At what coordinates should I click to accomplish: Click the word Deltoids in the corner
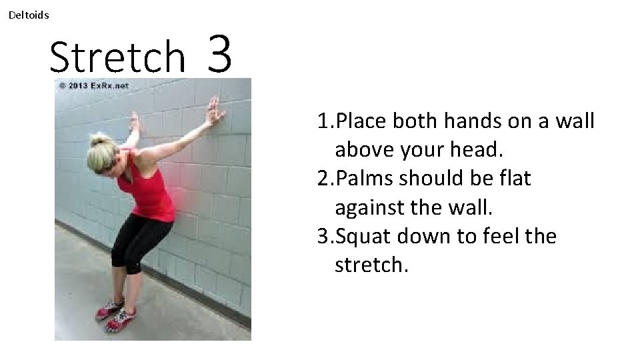tap(29, 15)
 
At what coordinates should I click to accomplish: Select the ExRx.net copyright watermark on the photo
tap(93, 85)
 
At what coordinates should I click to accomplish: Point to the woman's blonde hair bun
tap(100, 140)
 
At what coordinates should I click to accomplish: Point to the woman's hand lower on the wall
tap(135, 123)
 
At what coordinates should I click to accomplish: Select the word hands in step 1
tap(461, 121)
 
